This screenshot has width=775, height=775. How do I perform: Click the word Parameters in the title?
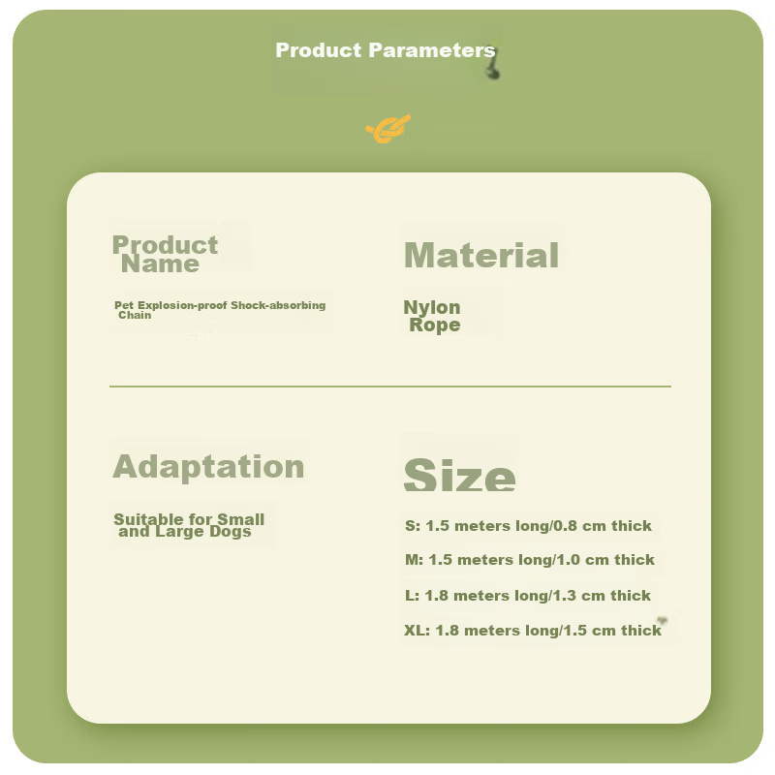(431, 50)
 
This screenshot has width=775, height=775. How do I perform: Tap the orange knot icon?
(388, 130)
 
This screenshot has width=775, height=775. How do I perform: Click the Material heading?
(481, 255)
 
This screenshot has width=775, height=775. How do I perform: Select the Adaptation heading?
(208, 467)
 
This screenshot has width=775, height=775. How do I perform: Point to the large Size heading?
(459, 475)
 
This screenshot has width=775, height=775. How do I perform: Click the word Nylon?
(432, 307)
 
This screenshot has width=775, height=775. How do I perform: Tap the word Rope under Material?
(434, 325)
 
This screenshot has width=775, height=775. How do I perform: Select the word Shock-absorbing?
(278, 305)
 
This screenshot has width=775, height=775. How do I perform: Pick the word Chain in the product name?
(135, 316)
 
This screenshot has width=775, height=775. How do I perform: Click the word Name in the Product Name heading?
(160, 263)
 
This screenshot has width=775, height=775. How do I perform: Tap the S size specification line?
(528, 526)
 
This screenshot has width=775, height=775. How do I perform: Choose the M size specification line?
(530, 560)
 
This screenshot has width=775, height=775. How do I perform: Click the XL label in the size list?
(417, 631)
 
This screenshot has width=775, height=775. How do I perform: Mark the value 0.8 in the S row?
(565, 526)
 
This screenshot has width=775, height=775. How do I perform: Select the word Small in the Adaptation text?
(240, 519)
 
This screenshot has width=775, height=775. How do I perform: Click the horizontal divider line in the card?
(390, 386)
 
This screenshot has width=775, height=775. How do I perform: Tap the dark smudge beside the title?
(493, 67)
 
